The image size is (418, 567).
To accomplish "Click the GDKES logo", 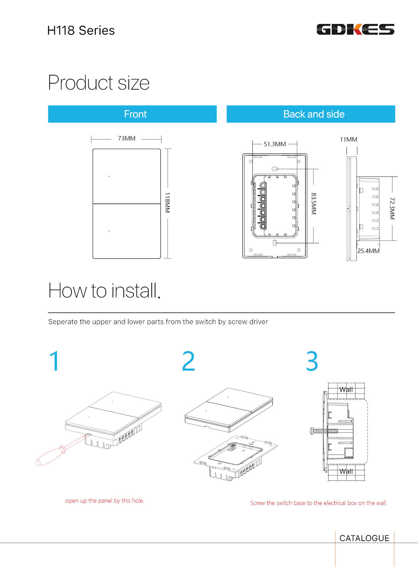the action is tap(355, 29).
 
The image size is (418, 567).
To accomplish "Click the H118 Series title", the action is tap(81, 31).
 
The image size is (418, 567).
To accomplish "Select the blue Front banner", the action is tap(132, 114).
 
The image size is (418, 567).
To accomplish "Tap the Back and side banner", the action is tap(311, 114).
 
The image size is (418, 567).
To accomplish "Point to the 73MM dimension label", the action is tap(126, 138).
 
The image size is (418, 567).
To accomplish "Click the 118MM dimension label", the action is tap(168, 202).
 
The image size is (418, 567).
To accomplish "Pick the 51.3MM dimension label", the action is tap(275, 144).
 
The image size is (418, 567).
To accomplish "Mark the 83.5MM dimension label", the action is tap(313, 204).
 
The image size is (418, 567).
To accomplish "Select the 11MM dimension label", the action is tap(348, 139).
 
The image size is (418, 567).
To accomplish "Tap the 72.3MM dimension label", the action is tap(392, 208).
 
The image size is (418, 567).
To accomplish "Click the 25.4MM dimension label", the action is tap(368, 251).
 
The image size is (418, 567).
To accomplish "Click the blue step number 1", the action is tap(55, 361).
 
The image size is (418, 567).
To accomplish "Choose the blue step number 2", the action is tap(188, 361).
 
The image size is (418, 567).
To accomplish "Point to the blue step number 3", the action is tap(312, 361).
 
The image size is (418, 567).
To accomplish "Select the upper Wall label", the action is tap(346, 389).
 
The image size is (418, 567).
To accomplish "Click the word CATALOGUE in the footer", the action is tap(364, 538).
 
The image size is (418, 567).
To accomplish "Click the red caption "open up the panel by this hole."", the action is tap(104, 501).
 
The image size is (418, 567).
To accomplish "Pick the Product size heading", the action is tap(98, 83).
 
